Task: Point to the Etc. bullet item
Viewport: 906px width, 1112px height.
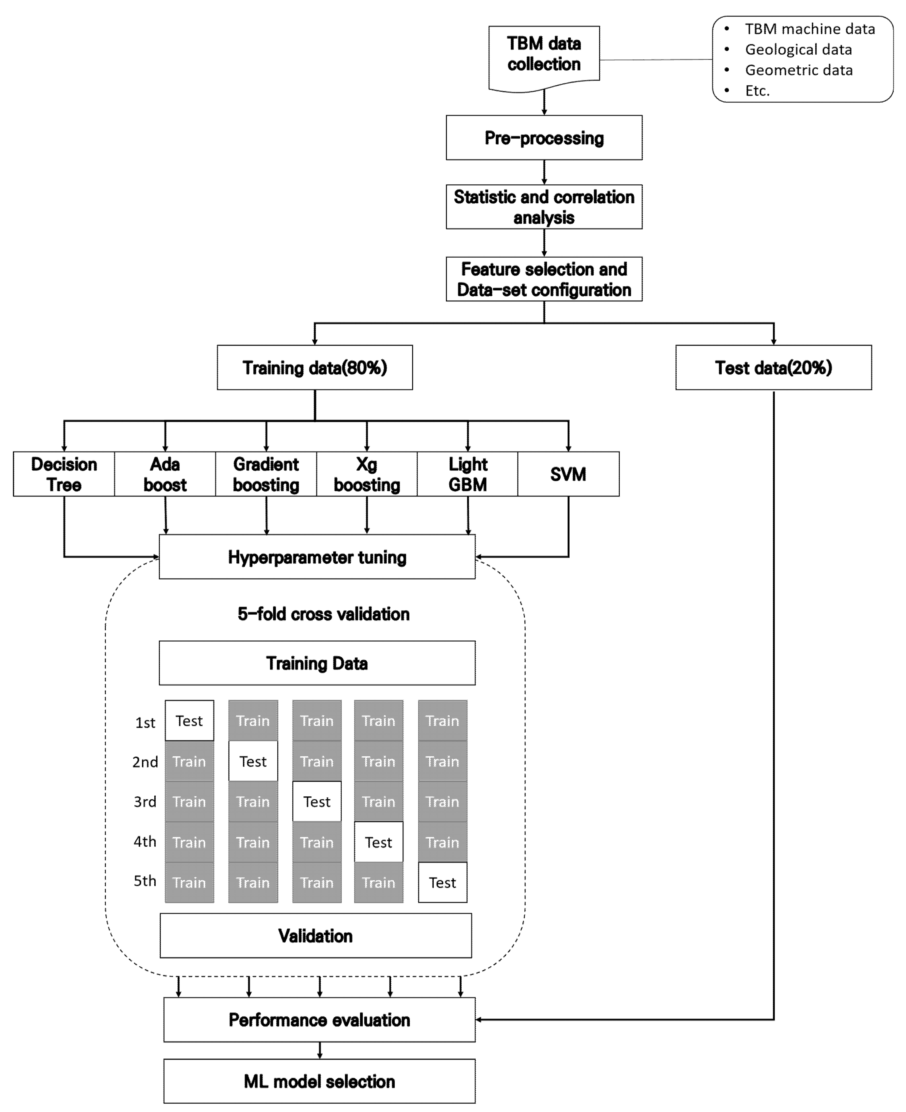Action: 757,91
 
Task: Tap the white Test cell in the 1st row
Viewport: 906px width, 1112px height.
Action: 189,721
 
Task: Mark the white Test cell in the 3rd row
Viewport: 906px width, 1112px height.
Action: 317,802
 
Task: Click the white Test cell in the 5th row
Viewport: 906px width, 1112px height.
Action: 442,882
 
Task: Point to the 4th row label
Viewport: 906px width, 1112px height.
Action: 144,842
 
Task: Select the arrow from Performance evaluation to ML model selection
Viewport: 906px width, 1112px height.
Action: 319,1050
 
